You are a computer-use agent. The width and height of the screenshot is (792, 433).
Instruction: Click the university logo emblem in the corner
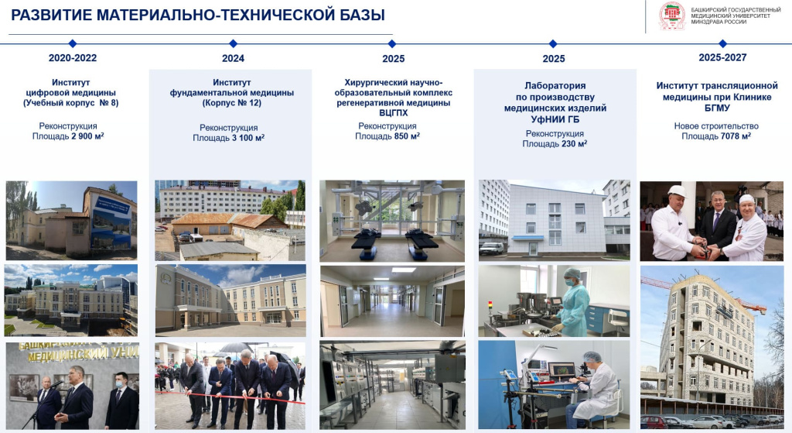[671, 16]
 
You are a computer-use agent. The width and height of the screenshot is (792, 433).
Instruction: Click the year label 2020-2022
[73, 58]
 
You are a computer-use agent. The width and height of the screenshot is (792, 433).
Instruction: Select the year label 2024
[233, 58]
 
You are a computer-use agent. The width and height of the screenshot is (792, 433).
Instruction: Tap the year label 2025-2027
[722, 57]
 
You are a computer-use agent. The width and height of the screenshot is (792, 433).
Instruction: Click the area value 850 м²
[406, 136]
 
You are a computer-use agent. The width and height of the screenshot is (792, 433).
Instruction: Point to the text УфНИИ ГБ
[555, 120]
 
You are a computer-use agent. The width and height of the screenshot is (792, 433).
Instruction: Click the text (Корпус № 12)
[232, 103]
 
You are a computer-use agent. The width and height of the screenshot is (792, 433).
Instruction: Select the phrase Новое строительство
[715, 125]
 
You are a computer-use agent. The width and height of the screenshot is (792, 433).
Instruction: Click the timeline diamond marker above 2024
[233, 43]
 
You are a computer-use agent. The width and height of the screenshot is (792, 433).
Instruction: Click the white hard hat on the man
[677, 191]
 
